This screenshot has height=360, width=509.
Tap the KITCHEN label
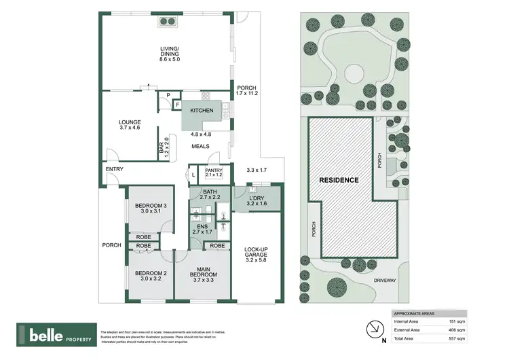point(202,111)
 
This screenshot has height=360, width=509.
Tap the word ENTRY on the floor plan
point(114,169)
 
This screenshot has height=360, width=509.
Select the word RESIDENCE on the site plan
point(339,181)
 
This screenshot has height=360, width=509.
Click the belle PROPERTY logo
point(56,335)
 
